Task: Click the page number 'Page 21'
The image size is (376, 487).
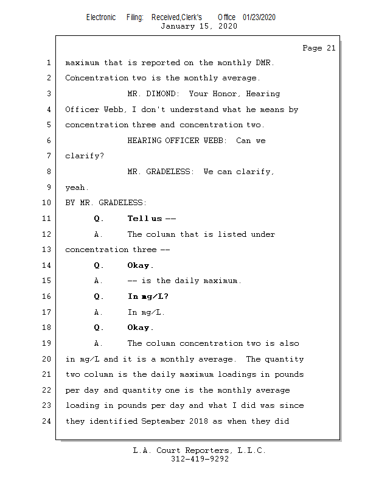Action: pos(319,48)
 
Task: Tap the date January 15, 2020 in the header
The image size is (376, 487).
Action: pos(198,26)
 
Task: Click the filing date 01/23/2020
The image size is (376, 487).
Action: pos(259,17)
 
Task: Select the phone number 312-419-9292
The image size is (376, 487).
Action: pos(200,459)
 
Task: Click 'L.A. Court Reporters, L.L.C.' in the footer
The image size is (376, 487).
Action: pos(200,450)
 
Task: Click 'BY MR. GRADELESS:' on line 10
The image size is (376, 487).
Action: pos(106,203)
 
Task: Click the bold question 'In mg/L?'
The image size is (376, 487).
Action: pos(148,296)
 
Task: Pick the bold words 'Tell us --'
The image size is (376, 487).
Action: pos(151,219)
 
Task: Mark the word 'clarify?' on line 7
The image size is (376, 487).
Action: pos(85,156)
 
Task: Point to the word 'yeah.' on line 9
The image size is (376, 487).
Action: pos(77,187)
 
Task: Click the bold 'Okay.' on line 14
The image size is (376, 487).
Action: pos(141,265)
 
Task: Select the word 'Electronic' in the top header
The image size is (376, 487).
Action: pos(101,17)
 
